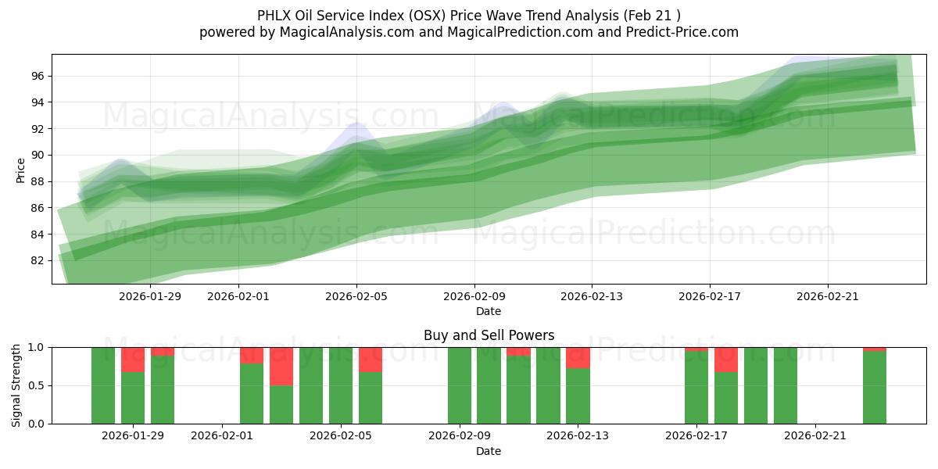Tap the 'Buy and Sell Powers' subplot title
pyautogui.click(x=489, y=335)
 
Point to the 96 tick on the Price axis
pyautogui.click(x=38, y=76)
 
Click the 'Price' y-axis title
pyautogui.click(x=20, y=168)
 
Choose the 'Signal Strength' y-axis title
pyautogui.click(x=16, y=385)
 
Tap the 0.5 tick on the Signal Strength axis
pyautogui.click(x=35, y=385)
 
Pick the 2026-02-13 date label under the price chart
pyautogui.click(x=592, y=296)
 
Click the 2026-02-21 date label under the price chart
pyautogui.click(x=828, y=296)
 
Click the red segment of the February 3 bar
pyautogui.click(x=281, y=366)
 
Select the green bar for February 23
pyautogui.click(x=875, y=388)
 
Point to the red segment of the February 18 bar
pyautogui.click(x=726, y=360)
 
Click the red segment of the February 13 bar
pyautogui.click(x=578, y=358)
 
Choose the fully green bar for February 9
pyautogui.click(x=460, y=385)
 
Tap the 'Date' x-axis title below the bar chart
pyautogui.click(x=489, y=451)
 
